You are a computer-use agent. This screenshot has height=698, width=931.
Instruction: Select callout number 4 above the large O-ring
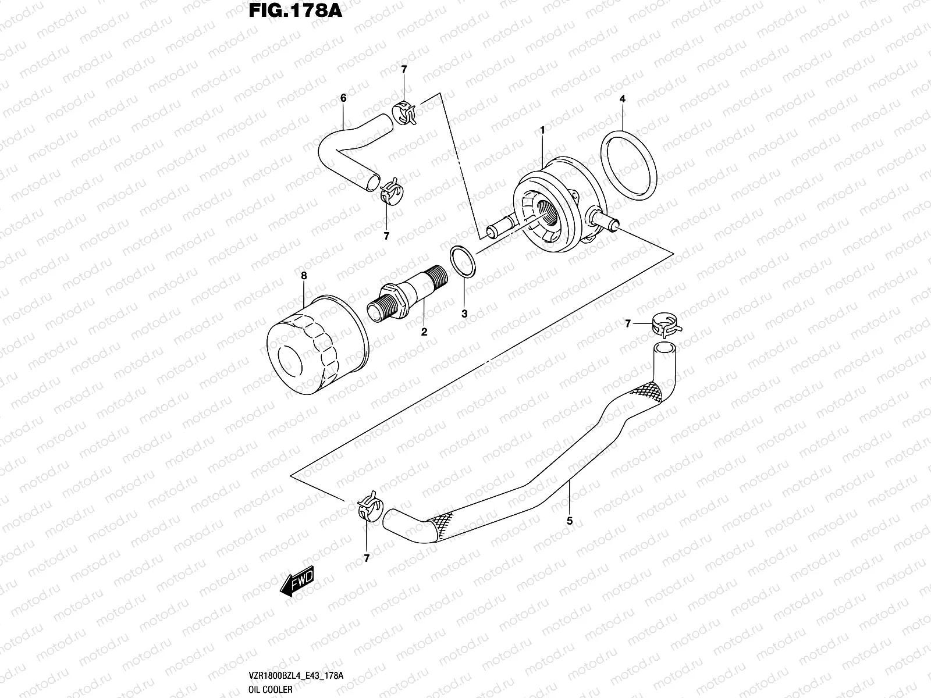click(622, 99)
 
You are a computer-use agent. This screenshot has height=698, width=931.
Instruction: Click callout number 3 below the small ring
click(464, 314)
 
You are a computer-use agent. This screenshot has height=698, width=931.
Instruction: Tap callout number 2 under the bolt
click(424, 332)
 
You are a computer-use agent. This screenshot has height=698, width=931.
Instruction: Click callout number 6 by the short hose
click(343, 98)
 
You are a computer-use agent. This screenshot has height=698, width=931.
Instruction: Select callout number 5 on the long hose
click(570, 521)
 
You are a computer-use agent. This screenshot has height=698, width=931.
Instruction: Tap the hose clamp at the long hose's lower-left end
click(368, 505)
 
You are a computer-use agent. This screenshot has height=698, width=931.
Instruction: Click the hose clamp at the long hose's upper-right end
click(665, 325)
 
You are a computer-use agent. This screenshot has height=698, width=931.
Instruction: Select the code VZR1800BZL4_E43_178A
click(293, 675)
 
